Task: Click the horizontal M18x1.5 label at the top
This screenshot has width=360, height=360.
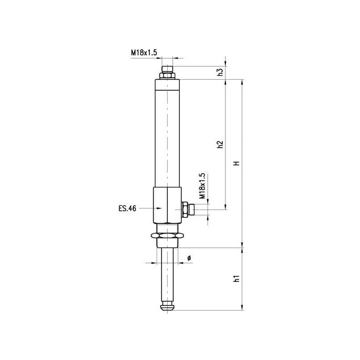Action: coord(144,53)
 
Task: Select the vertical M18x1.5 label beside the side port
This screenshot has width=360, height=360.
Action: coord(202,186)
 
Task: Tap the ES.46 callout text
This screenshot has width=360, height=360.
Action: coord(127,208)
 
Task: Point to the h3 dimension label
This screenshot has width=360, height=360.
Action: coord(220,72)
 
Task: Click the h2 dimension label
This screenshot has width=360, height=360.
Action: coord(220,144)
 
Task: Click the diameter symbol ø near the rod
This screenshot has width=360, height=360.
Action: coord(189,257)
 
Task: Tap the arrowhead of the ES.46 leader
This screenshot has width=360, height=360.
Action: coord(159,208)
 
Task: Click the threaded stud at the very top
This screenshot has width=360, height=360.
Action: coord(167,69)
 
